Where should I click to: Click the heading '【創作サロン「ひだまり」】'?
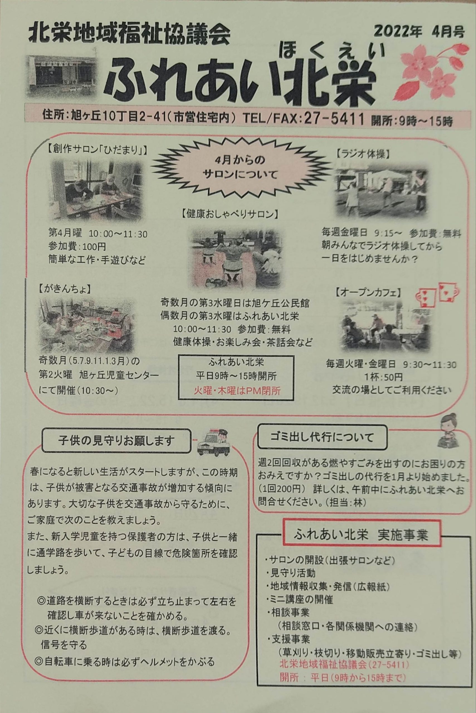coord(96,150)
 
